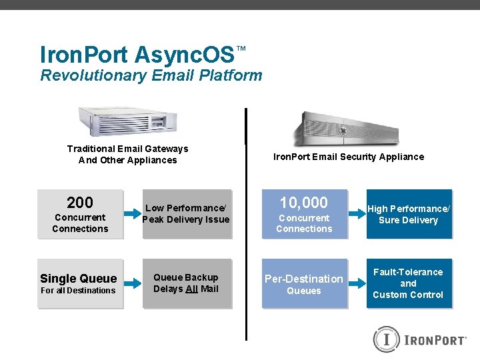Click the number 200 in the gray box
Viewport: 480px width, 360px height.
(80, 202)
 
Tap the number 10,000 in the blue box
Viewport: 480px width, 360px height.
(304, 202)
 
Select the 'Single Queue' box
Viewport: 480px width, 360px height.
(80, 283)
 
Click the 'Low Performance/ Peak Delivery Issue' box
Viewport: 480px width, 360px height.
(187, 214)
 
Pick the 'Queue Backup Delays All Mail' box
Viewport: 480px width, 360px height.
(187, 283)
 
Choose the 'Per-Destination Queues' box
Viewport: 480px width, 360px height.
(304, 283)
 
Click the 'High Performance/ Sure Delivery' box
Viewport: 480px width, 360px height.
(409, 214)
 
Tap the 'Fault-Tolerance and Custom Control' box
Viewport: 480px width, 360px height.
(409, 283)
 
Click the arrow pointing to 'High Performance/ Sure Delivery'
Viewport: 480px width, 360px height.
(357, 214)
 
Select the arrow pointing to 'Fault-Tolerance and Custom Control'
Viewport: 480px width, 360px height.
(357, 283)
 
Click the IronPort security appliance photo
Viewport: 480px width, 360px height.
(347, 127)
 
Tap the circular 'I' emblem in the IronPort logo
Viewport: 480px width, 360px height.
(386, 339)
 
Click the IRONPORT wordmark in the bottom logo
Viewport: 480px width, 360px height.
(434, 340)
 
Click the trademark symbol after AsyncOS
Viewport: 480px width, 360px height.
(241, 49)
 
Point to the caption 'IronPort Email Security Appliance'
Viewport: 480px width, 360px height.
(349, 157)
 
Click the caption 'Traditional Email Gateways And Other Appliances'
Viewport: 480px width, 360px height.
(128, 154)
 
